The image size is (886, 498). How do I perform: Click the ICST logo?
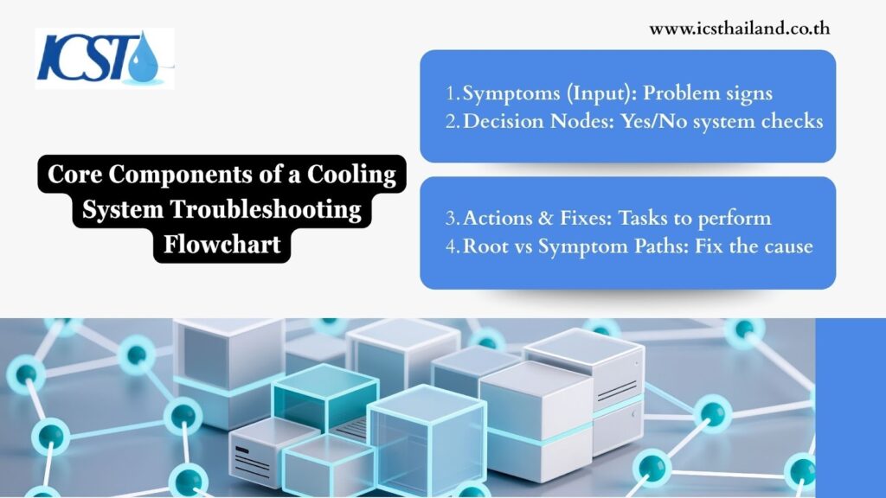click(x=105, y=58)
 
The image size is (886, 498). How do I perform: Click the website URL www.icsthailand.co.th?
click(x=739, y=29)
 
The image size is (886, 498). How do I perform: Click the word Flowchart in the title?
click(x=222, y=245)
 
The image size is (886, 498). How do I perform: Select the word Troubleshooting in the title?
click(x=266, y=209)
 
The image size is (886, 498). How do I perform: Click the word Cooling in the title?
click(x=351, y=175)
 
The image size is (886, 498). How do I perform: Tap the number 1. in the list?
click(x=453, y=93)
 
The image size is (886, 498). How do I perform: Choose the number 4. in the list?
click(x=453, y=246)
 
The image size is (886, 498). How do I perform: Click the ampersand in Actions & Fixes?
click(x=545, y=218)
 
